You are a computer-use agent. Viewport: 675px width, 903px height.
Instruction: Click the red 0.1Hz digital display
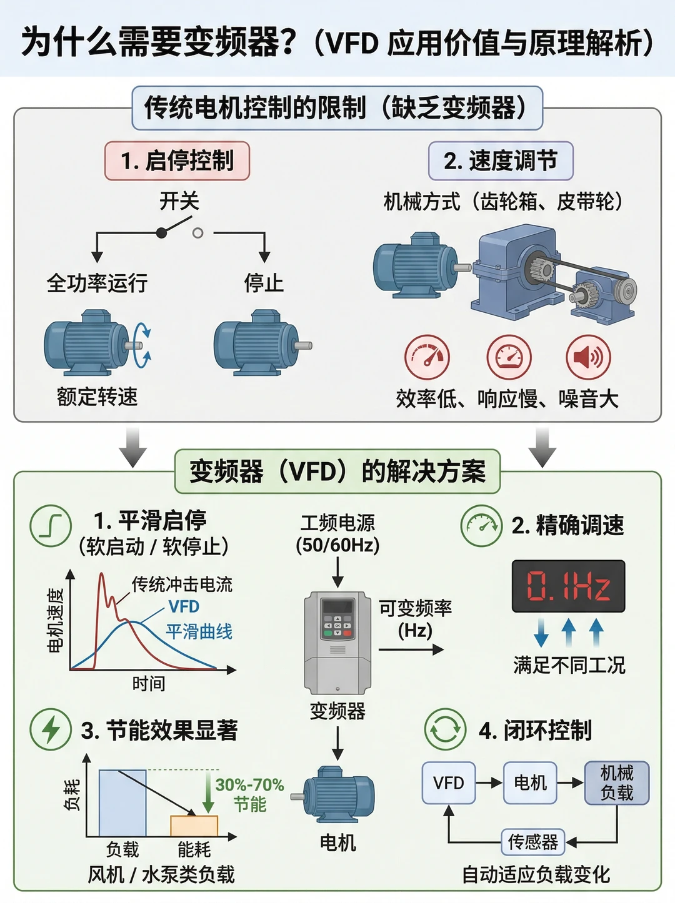click(x=568, y=586)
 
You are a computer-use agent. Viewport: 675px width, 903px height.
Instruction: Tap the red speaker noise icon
click(x=588, y=357)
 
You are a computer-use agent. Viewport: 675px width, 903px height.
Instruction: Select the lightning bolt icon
click(x=51, y=729)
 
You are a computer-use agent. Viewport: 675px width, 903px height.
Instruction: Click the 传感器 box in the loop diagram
click(x=533, y=842)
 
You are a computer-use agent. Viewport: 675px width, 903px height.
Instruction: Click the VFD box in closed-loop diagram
click(x=449, y=783)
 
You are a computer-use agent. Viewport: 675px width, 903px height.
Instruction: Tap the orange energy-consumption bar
click(x=194, y=826)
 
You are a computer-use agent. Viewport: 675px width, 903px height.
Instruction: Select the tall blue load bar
click(x=122, y=803)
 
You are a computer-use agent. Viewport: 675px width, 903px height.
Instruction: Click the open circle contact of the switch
click(x=197, y=234)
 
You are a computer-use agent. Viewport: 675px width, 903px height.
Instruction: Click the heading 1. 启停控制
click(x=177, y=161)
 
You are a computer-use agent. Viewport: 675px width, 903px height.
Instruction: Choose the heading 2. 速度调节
click(x=501, y=161)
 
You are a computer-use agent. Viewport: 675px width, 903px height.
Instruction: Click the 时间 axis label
click(x=149, y=684)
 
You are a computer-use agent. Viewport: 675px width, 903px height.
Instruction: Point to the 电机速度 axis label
click(x=56, y=621)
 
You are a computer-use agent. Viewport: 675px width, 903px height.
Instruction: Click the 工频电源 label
click(x=337, y=523)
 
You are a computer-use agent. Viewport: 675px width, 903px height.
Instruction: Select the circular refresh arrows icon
click(x=446, y=729)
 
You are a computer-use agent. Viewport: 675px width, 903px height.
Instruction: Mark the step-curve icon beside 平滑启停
click(x=51, y=526)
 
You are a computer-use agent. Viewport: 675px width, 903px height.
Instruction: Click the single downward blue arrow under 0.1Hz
click(x=541, y=634)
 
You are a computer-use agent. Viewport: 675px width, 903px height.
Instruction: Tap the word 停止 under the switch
click(x=264, y=283)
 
